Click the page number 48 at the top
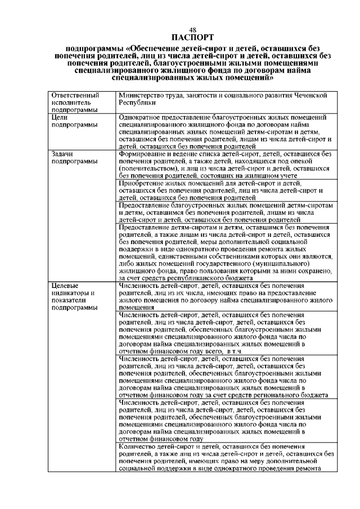[x=193, y=30]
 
